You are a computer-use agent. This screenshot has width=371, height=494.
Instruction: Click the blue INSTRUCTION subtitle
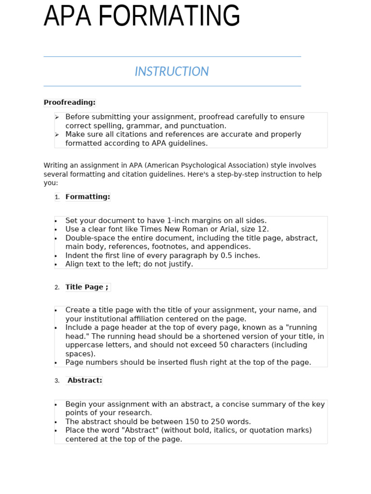point(171,71)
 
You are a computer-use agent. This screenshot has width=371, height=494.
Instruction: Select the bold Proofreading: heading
point(70,102)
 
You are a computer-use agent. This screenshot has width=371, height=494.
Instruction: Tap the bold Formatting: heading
point(87,197)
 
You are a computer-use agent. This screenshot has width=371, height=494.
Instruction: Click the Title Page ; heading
point(87,287)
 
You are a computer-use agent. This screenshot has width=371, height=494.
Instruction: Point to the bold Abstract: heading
point(85,381)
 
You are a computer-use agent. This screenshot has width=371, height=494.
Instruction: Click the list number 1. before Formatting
point(57,197)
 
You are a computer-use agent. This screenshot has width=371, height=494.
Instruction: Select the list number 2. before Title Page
point(57,288)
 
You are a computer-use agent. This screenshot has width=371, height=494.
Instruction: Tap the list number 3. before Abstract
point(57,381)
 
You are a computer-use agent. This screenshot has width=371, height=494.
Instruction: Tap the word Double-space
point(89,238)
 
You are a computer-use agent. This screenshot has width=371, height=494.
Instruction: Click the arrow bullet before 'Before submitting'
point(57,117)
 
